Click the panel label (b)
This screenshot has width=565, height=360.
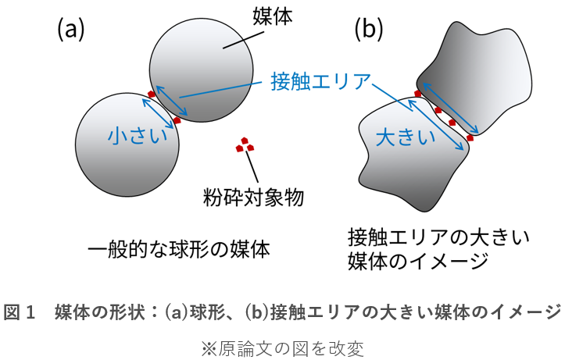tap(369, 29)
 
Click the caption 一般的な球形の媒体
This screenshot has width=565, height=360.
tap(179, 250)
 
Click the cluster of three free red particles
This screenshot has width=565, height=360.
tap(245, 144)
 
